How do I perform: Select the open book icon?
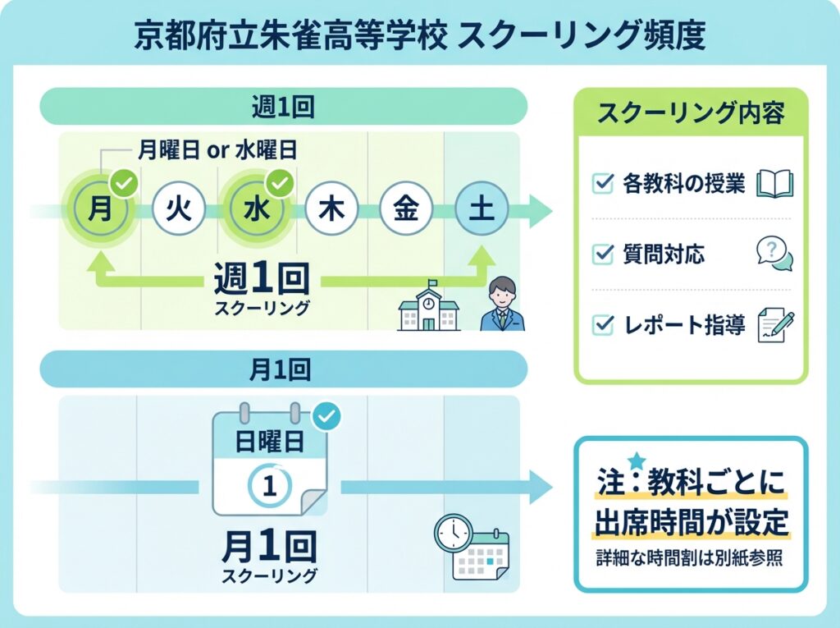[774, 184]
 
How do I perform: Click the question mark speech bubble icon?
[774, 254]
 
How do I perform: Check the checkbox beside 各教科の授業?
[603, 184]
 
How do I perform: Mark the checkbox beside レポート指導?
[603, 326]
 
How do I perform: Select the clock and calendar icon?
[470, 547]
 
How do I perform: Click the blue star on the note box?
[637, 461]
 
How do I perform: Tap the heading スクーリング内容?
[691, 114]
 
